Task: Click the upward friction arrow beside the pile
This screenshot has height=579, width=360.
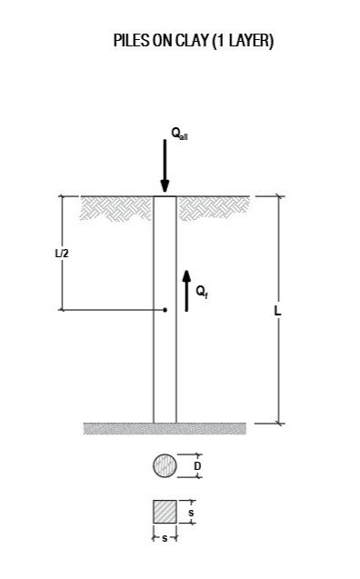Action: (x=187, y=291)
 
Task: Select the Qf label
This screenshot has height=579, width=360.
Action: (x=203, y=292)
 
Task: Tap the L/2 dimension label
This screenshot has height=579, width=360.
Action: (x=62, y=254)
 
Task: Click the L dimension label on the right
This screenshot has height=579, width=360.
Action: (x=277, y=310)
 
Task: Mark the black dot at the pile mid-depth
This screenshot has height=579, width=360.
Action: (x=165, y=310)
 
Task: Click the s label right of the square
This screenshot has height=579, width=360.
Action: (x=190, y=513)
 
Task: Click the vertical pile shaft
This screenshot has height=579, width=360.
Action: (x=165, y=364)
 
